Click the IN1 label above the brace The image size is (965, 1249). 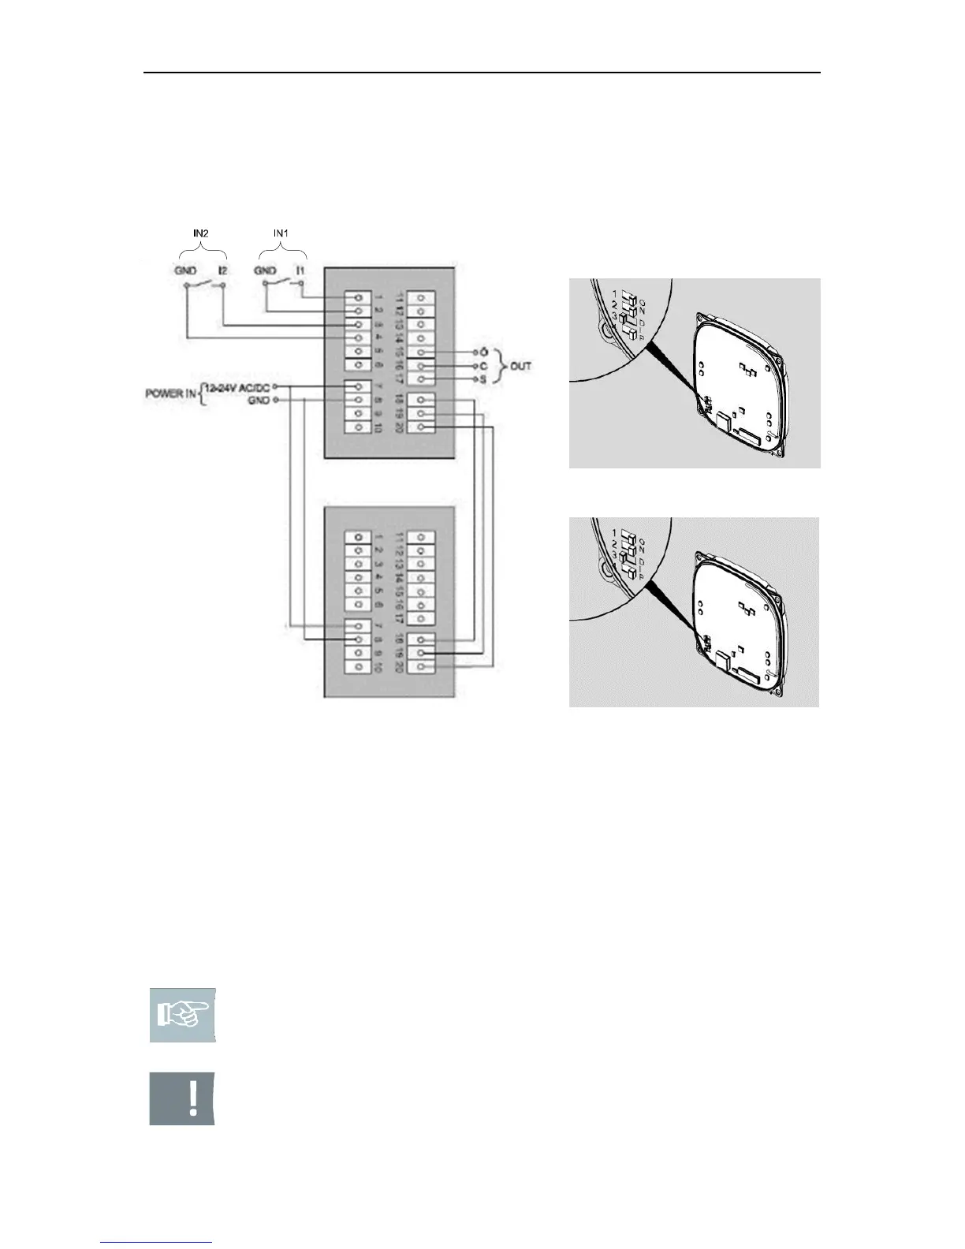pos(282,234)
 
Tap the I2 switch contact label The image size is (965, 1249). pos(223,270)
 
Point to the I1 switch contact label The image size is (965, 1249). pos(300,270)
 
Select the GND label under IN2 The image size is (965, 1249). pos(187,270)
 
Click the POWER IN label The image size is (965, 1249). pos(171,393)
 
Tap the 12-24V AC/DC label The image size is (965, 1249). pos(238,386)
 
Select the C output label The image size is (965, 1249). pos(482,366)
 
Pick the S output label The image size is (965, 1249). pos(482,380)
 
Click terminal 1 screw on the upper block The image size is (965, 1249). pos(359,298)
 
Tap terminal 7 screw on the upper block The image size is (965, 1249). pos(359,386)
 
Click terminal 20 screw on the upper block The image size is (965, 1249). pos(424,427)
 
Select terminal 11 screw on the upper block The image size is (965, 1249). pos(424,298)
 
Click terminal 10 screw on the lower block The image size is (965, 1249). pos(359,667)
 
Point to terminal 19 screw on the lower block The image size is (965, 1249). pos(424,654)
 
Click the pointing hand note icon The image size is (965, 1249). pos(182,1015)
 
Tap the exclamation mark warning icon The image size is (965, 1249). pos(182,1098)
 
